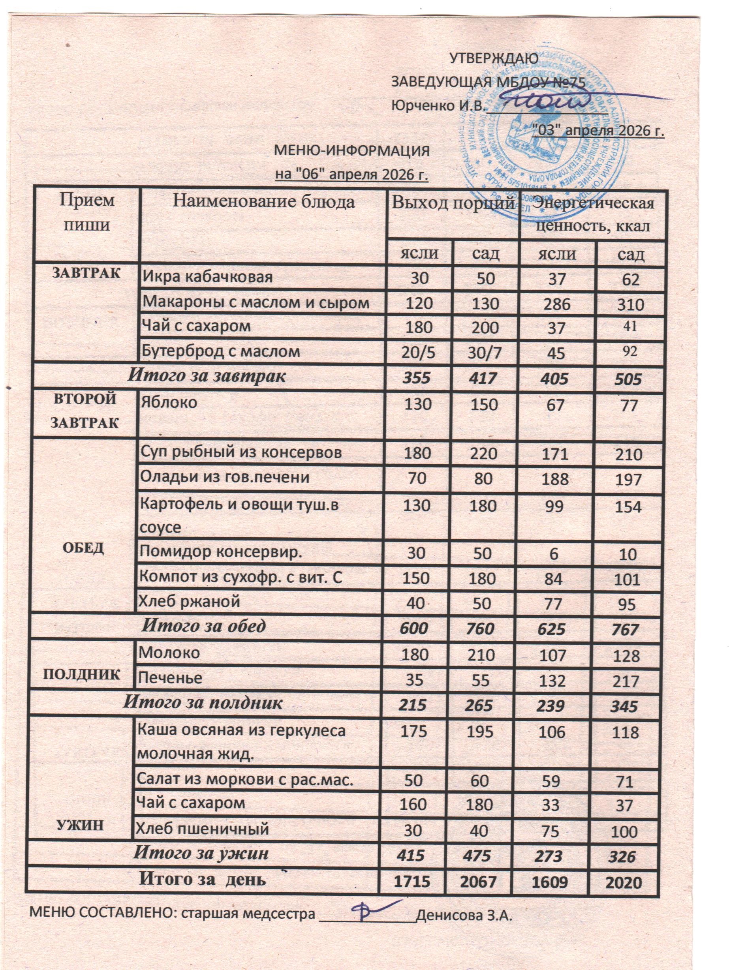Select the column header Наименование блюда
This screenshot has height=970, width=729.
pos(263,203)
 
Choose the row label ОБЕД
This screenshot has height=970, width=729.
pos(83,548)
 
